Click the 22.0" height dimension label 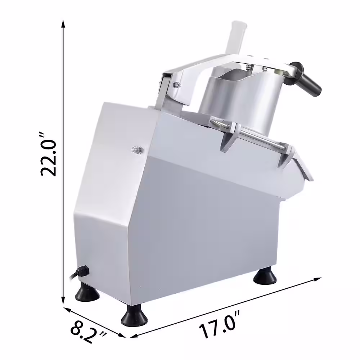click(x=48, y=154)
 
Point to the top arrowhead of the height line click(x=63, y=23)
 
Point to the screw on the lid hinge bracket click(x=177, y=84)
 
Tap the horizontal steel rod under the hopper click(x=259, y=139)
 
